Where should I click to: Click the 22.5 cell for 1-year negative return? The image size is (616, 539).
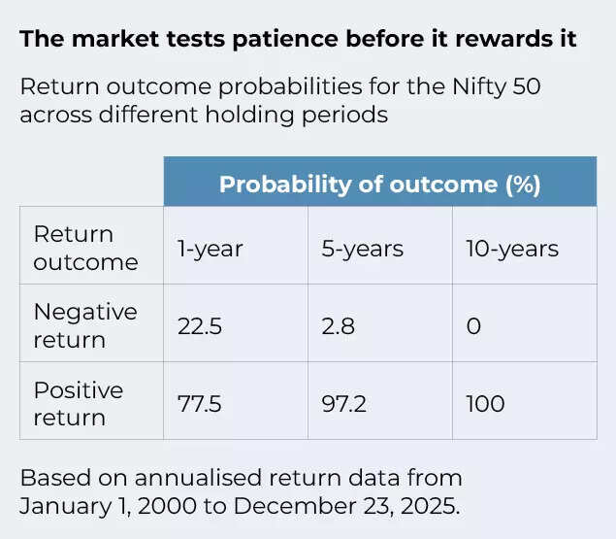point(199,326)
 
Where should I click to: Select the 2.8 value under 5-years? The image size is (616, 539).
point(338,326)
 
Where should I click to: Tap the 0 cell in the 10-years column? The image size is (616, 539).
point(473,326)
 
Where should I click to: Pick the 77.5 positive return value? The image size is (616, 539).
point(199,404)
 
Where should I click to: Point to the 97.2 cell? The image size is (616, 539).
point(343,404)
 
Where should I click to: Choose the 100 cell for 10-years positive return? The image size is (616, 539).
point(485,404)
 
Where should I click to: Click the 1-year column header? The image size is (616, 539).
point(210,249)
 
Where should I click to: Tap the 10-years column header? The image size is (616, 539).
point(512,249)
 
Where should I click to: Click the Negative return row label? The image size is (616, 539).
point(85,326)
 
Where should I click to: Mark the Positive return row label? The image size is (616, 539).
point(79,404)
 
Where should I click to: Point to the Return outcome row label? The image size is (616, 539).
point(85,249)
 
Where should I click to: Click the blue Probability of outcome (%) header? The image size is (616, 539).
point(379,184)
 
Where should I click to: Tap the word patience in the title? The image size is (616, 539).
point(255,40)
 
